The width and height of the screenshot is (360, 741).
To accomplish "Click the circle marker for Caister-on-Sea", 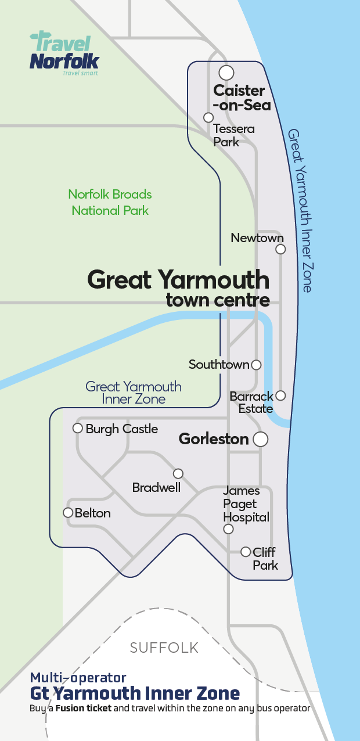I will [226, 73].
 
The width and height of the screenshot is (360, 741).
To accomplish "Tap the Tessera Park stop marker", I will [208, 117].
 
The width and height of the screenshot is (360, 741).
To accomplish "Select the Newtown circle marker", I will [280, 249].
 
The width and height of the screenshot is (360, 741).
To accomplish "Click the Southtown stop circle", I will [255, 365].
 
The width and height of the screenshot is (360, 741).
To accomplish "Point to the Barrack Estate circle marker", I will [280, 395].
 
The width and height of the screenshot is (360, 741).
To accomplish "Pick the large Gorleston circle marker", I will [261, 439].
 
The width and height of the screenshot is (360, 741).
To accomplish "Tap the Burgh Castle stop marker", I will [77, 428].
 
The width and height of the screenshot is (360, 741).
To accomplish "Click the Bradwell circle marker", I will [178, 473].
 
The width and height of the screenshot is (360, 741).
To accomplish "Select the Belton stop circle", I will [68, 512].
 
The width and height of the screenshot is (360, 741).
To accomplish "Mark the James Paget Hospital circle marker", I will [228, 529].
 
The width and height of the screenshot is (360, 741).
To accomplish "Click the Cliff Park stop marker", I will [246, 551].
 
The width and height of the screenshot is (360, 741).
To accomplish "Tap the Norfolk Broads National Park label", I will [110, 202].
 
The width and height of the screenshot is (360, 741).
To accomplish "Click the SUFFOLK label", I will [164, 648].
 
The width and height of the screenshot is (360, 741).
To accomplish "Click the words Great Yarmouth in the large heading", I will [178, 280].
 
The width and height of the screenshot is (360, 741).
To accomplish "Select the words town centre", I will [218, 300].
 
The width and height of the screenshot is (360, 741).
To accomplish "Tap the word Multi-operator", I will [78, 677].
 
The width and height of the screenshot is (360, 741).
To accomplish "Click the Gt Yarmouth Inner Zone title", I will [135, 693].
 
